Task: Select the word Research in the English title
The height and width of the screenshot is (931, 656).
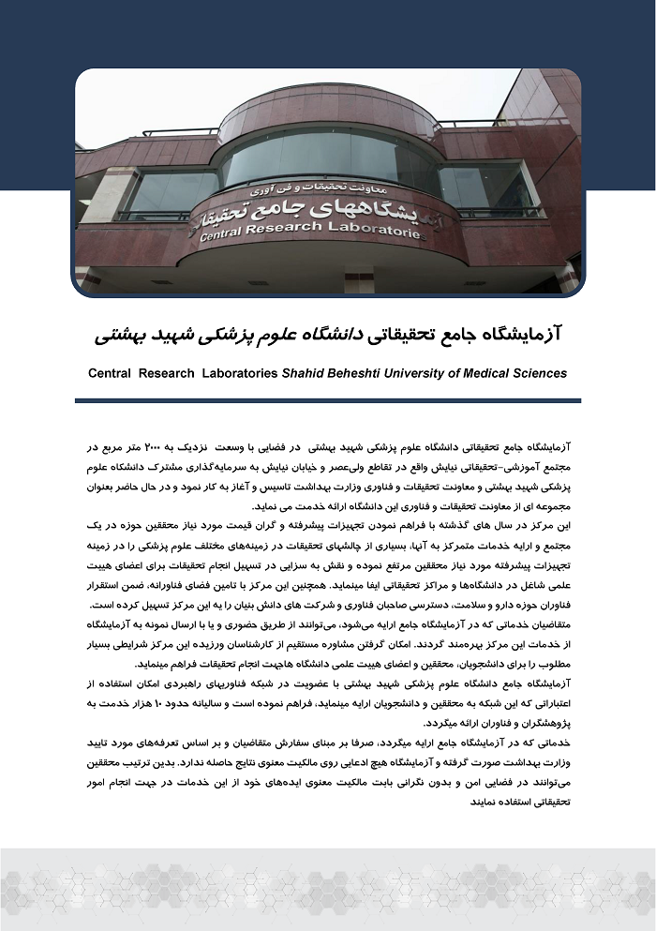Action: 165,373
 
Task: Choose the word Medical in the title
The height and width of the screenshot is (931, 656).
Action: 493,373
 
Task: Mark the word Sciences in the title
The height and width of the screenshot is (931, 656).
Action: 544,373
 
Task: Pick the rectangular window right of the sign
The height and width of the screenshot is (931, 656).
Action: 486,188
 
